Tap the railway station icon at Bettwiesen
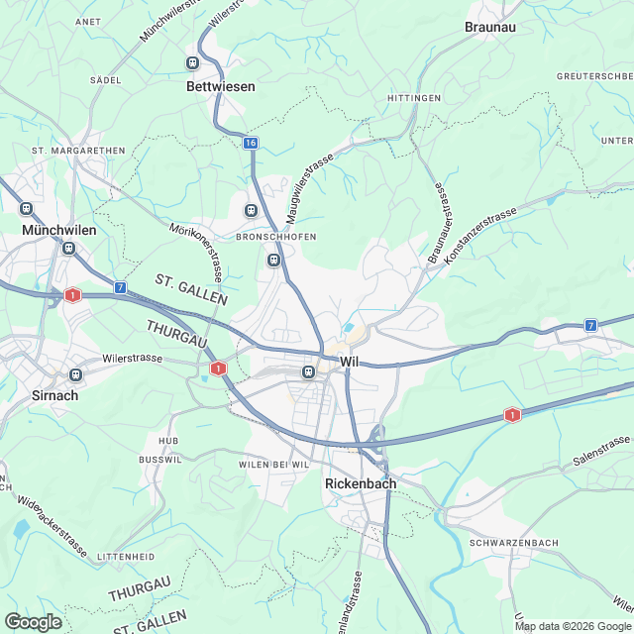(x=194, y=63)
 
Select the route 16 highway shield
(x=251, y=144)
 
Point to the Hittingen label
(x=414, y=98)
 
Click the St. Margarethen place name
(x=78, y=151)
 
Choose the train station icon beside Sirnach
(x=74, y=375)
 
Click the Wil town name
(x=349, y=363)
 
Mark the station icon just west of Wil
(x=308, y=372)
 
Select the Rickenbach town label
(x=361, y=483)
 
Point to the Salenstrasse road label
(x=601, y=452)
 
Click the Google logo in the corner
(x=33, y=621)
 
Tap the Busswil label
(x=161, y=461)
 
